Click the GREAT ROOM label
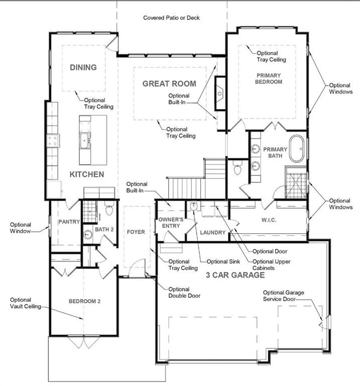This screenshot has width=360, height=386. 169,84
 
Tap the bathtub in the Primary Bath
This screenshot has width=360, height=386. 297,148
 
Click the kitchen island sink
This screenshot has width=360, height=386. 85,141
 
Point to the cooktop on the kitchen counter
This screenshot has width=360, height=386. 53,141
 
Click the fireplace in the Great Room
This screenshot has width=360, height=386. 220,93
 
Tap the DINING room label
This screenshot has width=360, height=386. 83,67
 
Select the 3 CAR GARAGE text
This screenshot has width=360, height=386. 235,275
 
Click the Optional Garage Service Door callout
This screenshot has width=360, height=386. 283,296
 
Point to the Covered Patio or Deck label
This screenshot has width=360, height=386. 171,18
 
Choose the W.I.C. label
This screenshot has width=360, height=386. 269,220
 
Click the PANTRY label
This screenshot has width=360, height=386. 69,222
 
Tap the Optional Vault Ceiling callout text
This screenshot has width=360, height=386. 25,303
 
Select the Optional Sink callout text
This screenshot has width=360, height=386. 223,261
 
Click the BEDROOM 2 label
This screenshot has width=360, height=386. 84,301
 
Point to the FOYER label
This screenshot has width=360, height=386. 136,232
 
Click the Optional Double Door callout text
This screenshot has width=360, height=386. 184,293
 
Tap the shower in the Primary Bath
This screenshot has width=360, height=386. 296,182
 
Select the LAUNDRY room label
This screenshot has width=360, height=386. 213,232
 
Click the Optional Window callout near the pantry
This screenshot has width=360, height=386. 21,228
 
